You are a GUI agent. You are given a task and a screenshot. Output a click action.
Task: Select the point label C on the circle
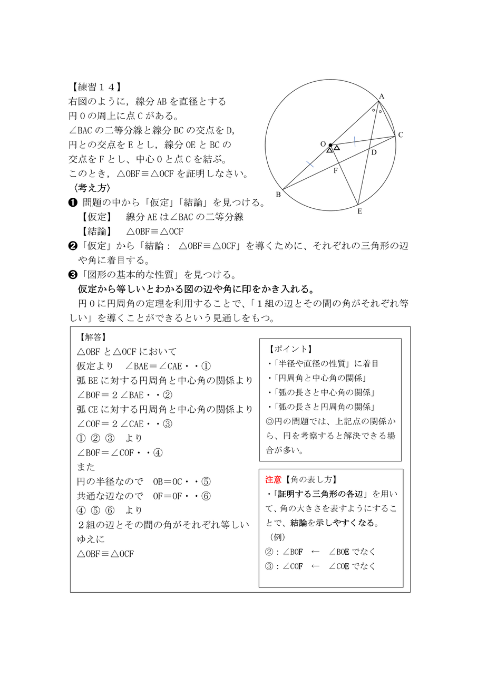(401, 135)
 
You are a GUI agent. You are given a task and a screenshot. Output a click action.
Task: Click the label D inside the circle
(373, 152)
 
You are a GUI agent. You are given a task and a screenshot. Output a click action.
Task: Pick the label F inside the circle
(335, 170)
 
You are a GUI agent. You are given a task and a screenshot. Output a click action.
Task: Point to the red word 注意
(273, 480)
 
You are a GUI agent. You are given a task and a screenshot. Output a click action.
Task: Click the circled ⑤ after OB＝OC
(206, 481)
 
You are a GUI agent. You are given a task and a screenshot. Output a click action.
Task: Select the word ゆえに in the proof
(91, 539)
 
